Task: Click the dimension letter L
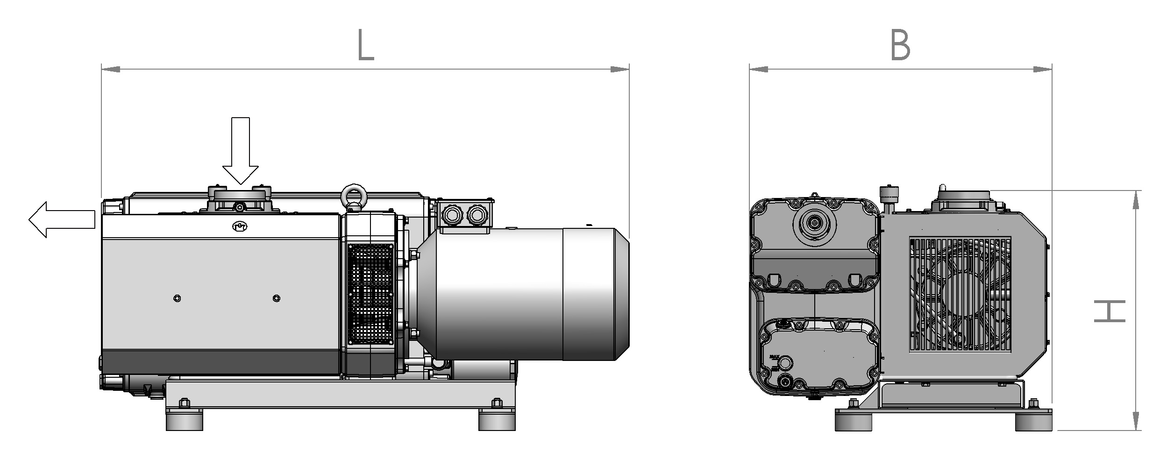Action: click(366, 45)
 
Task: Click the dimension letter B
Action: click(900, 45)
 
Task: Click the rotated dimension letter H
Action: click(1110, 311)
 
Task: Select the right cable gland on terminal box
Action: click(476, 215)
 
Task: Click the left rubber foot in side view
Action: click(185, 420)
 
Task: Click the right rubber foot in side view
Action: click(497, 420)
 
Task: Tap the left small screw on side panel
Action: click(177, 298)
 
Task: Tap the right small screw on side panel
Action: click(277, 298)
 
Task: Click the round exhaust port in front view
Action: click(815, 224)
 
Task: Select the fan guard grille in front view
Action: click(960, 294)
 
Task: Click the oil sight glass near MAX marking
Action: click(786, 362)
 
